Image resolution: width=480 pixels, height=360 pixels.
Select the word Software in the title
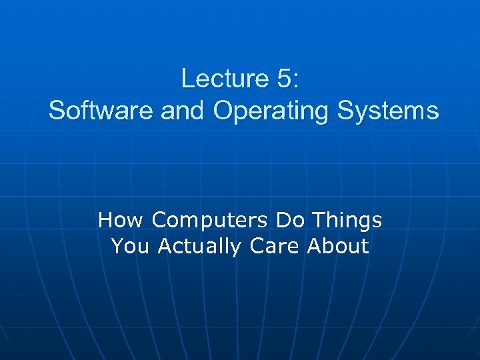[x=101, y=111]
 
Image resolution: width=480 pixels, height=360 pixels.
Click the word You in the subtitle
[x=131, y=246]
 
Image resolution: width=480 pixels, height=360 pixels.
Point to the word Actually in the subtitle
[x=199, y=247]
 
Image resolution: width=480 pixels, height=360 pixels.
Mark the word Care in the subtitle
[x=275, y=246]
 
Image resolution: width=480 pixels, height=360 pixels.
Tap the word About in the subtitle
[x=337, y=246]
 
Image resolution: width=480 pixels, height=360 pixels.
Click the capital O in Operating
[x=223, y=111]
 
